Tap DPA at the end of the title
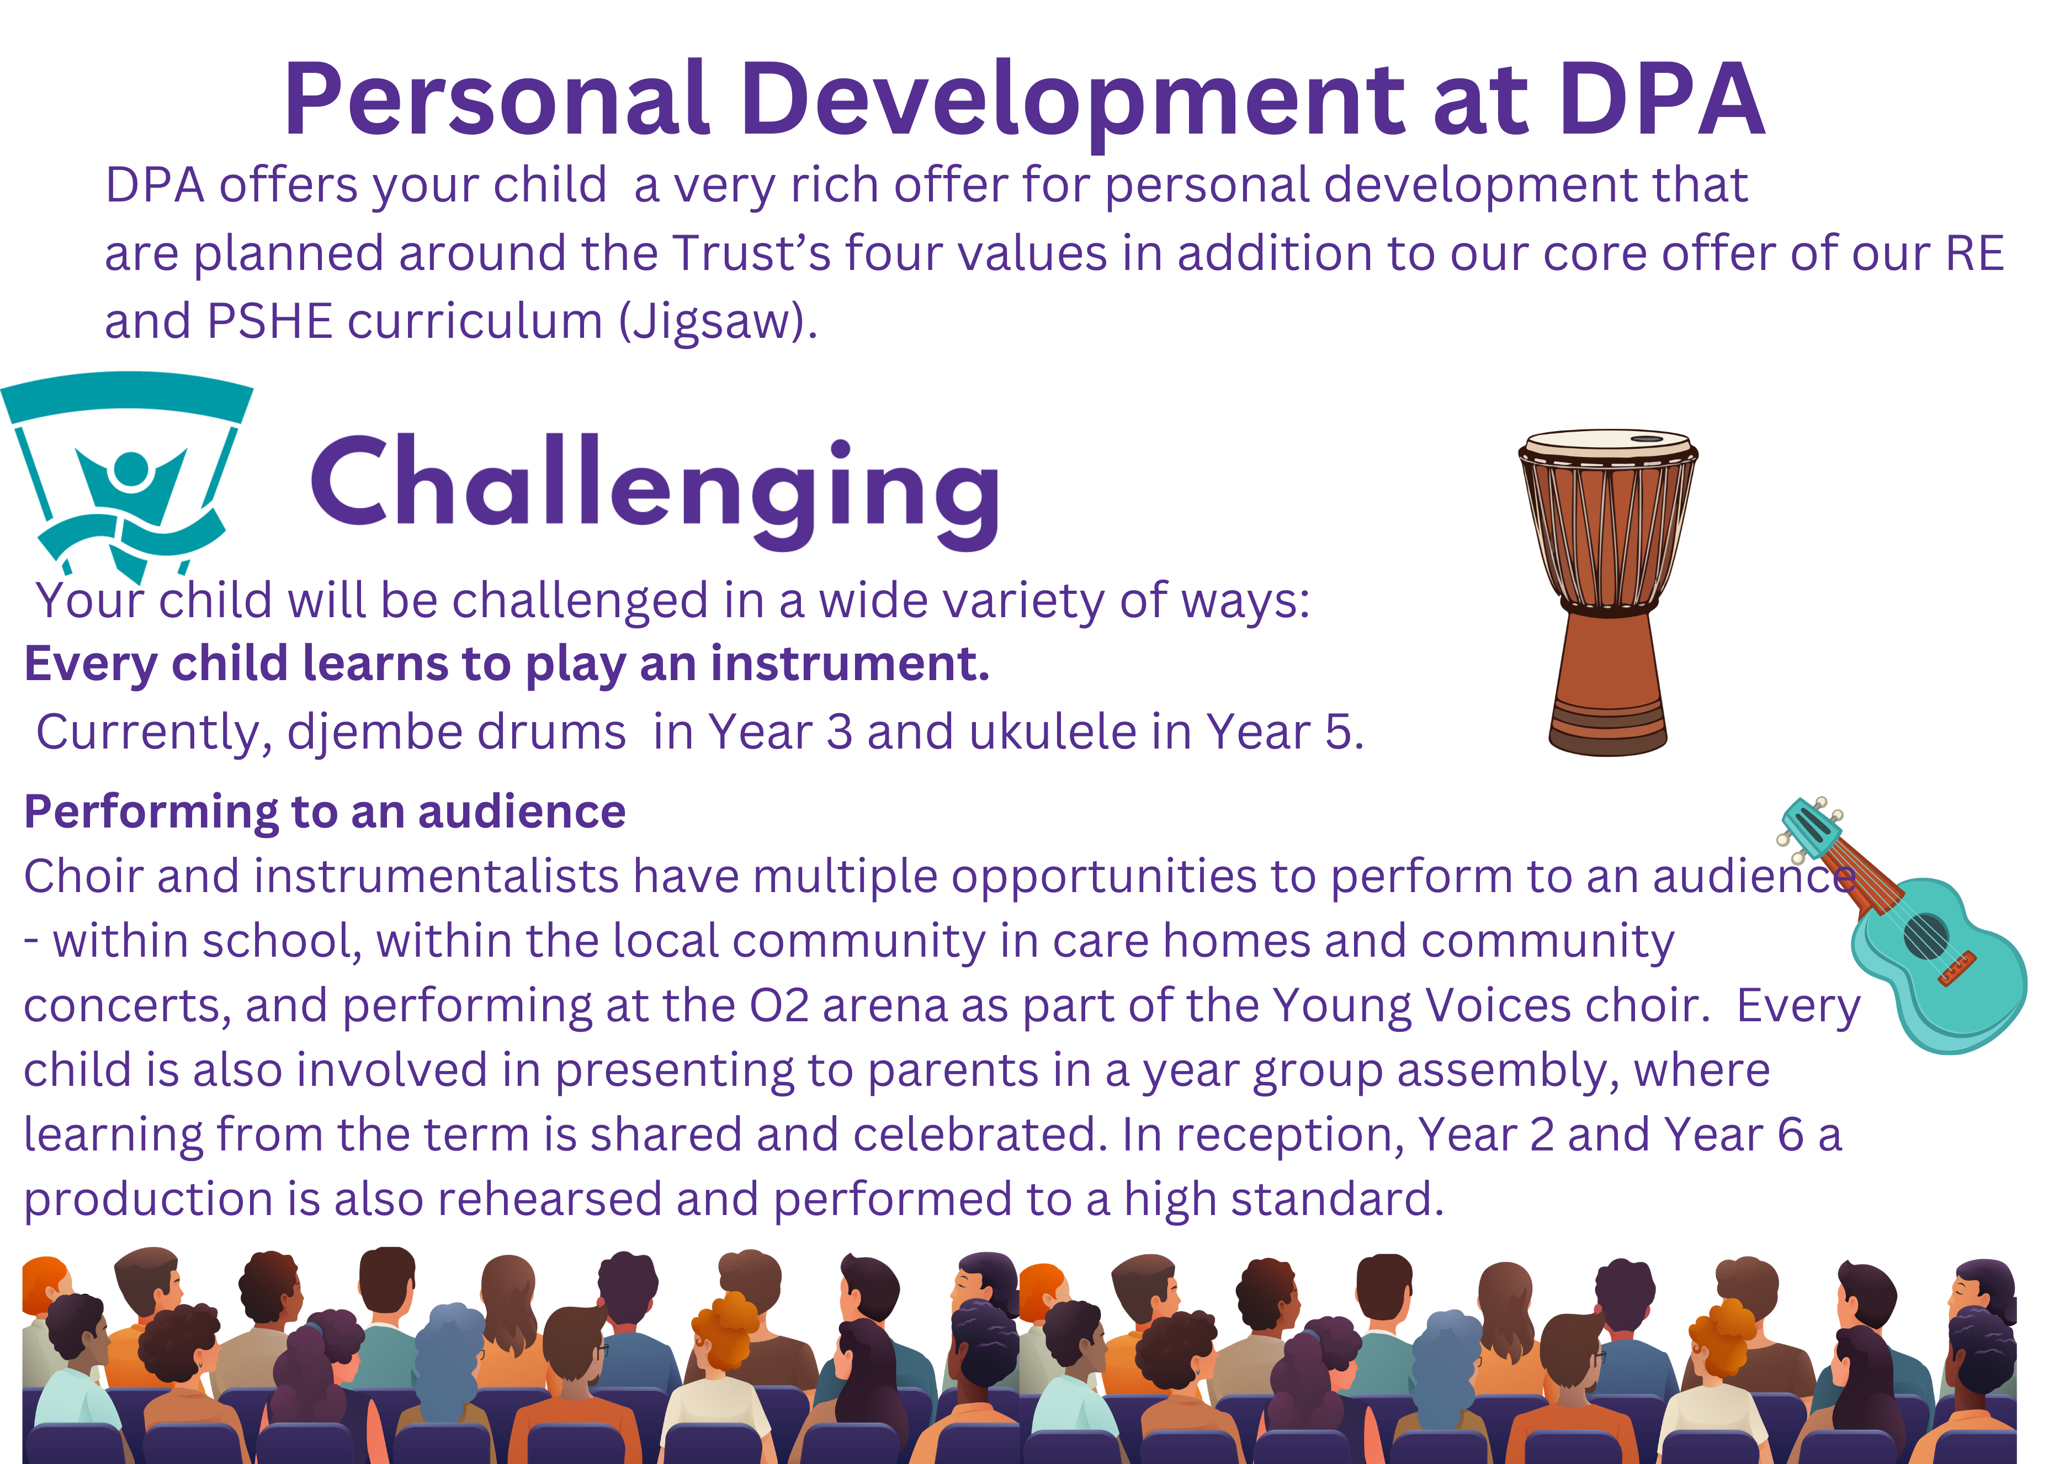coord(1662,99)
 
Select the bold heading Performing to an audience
coord(325,811)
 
